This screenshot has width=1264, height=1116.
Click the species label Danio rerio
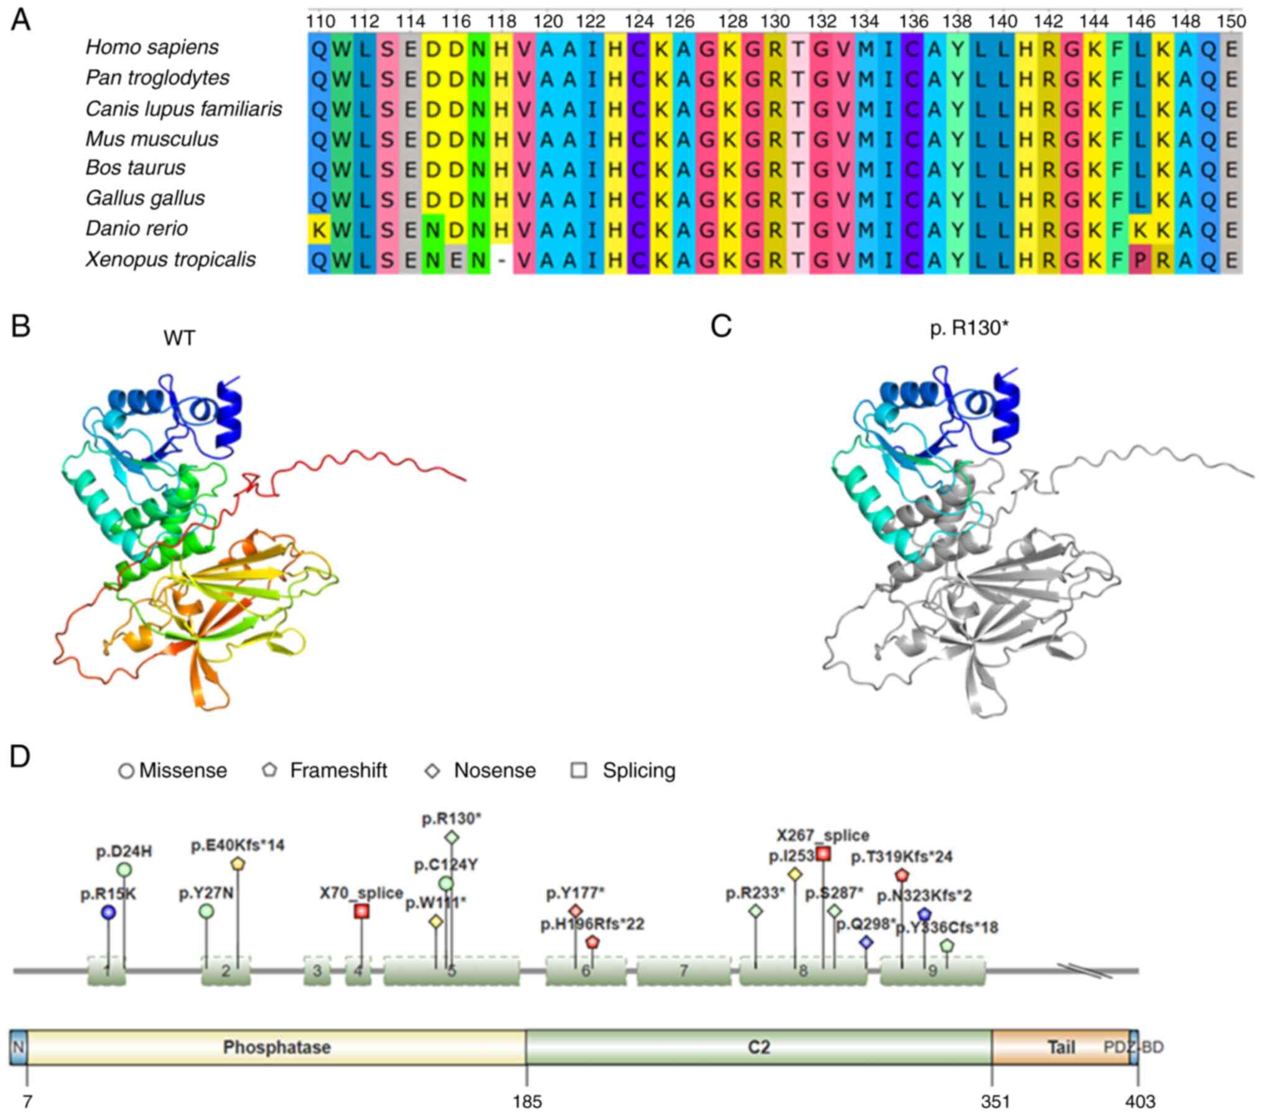[136, 228]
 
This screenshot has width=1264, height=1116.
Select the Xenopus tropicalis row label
[170, 259]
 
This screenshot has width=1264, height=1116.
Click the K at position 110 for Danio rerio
[319, 230]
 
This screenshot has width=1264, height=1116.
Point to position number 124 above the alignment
[639, 22]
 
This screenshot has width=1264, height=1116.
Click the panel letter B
[21, 326]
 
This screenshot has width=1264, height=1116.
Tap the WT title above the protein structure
[179, 338]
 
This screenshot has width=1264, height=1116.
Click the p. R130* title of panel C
[969, 328]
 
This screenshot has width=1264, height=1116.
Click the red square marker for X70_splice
[361, 911]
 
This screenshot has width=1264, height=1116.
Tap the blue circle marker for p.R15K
[109, 912]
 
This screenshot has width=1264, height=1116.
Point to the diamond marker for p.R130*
[452, 837]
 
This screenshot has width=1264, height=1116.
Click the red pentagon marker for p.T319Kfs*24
[902, 875]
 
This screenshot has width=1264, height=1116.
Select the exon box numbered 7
[684, 970]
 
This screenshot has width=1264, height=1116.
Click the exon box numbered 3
[317, 970]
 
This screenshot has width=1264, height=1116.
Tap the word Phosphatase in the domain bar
[277, 1048]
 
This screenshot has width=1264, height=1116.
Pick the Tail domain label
[1061, 1048]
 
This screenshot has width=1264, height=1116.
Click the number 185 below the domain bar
[527, 1102]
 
